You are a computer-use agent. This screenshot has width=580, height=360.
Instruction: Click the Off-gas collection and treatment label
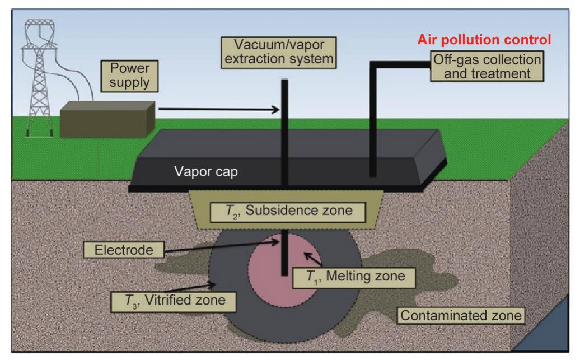point(487,65)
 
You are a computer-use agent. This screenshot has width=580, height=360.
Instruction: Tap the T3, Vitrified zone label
point(176,300)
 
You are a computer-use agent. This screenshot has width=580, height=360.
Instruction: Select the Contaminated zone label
point(461,315)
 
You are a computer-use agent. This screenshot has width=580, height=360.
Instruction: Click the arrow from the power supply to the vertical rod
point(218,110)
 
